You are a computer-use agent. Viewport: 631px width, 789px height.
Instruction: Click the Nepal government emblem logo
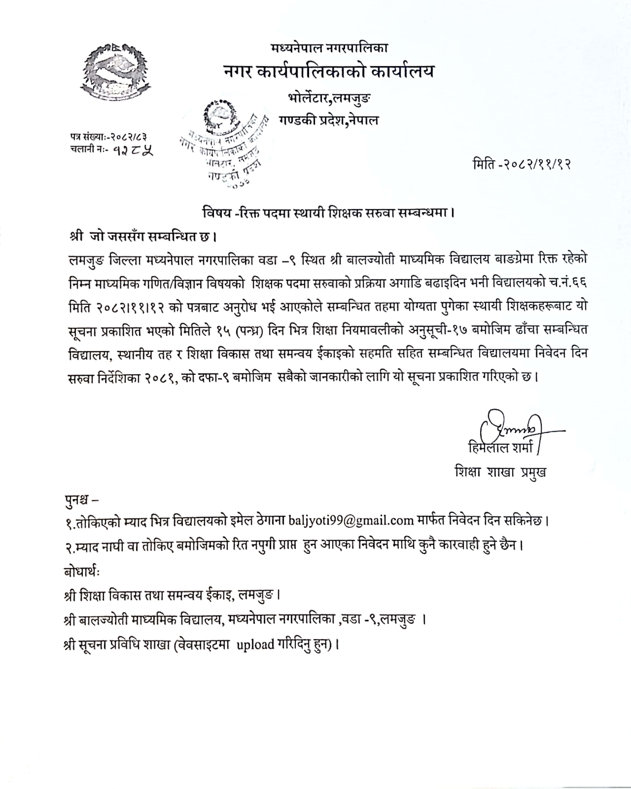point(116,72)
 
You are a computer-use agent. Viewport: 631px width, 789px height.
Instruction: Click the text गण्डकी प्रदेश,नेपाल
point(329,120)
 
